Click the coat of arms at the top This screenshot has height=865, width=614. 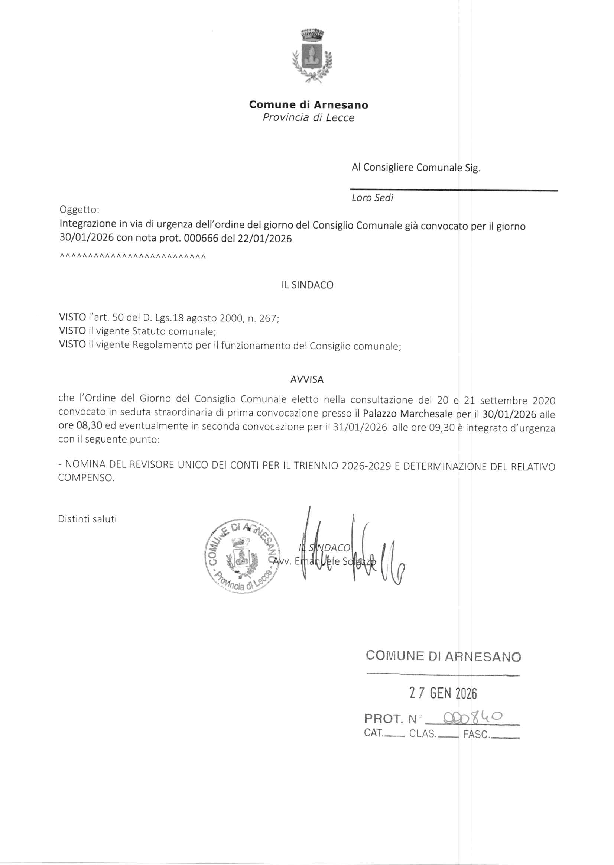(x=312, y=55)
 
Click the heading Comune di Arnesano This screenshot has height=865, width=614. (x=308, y=105)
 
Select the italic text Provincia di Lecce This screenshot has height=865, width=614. (x=308, y=118)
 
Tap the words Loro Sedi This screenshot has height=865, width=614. (x=372, y=198)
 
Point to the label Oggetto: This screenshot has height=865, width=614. (x=79, y=210)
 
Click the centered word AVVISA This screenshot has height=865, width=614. (x=306, y=379)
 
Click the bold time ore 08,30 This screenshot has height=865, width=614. (x=80, y=426)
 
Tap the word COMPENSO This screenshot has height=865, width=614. (x=85, y=478)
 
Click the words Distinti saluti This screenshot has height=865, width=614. (x=87, y=519)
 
